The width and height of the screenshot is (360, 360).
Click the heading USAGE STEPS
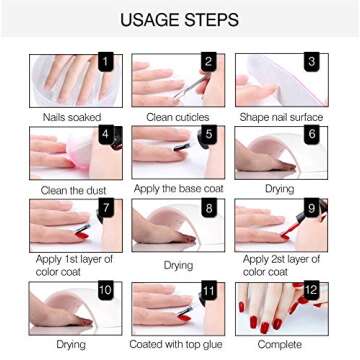click(x=179, y=19)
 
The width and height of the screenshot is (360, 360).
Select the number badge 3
click(x=311, y=61)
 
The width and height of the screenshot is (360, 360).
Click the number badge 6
click(x=312, y=134)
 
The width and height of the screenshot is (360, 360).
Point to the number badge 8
click(x=209, y=209)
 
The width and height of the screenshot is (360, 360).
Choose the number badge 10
click(x=105, y=291)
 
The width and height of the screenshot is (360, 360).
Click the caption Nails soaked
click(x=71, y=117)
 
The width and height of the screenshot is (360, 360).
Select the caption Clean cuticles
click(x=179, y=117)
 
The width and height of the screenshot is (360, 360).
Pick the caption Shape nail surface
click(x=283, y=117)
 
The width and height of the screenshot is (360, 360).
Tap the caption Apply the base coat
click(x=178, y=189)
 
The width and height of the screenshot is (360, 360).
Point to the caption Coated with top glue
click(x=179, y=345)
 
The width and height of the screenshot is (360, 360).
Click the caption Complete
click(x=283, y=345)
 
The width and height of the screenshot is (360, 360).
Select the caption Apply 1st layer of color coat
click(x=73, y=265)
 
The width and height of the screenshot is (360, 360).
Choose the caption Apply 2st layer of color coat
click(x=283, y=265)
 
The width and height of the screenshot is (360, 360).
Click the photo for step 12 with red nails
click(x=281, y=312)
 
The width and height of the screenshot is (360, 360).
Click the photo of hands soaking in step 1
click(x=65, y=80)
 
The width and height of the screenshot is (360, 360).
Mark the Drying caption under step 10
click(x=71, y=345)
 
